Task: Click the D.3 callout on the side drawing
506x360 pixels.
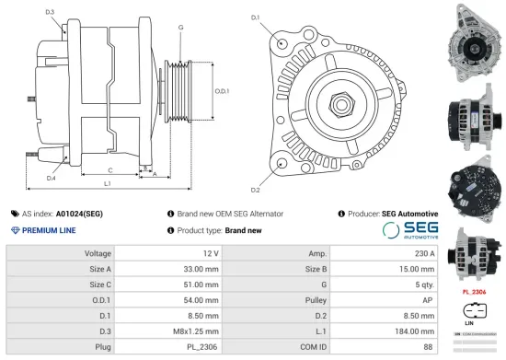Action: point(50,12)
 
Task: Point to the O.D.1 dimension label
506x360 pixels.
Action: point(221,91)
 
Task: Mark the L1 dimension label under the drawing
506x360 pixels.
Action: point(108,185)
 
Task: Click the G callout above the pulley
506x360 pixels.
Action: point(181,28)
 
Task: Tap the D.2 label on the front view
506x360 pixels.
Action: point(255,190)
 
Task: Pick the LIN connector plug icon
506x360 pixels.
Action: point(472,310)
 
